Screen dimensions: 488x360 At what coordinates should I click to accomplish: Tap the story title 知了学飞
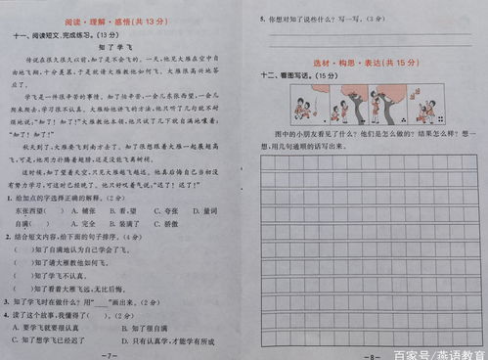click(x=116, y=48)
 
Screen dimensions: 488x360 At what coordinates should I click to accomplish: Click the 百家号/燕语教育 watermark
click(x=438, y=351)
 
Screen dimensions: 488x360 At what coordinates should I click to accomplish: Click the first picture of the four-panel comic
click(x=303, y=103)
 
